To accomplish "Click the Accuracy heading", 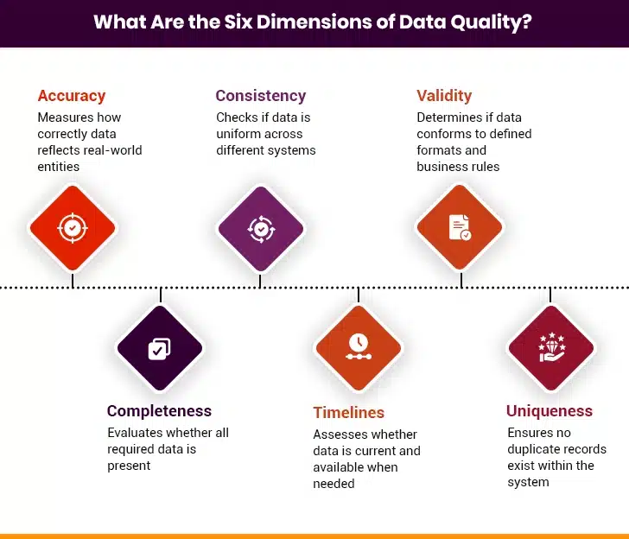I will pos(72,96).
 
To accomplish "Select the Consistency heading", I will pos(260,96).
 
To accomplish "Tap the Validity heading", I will pos(444,96).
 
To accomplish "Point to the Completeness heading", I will pos(159,411).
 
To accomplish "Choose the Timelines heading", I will pos(349,412).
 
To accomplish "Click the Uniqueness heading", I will pos(550,411).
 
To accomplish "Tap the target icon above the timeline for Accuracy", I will pos(73,228).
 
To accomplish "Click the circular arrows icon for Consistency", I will pos(260,228).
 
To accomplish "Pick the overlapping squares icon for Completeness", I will pos(159,348).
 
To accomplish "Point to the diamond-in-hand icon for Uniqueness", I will pos(551,347).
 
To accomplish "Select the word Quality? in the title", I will pos(494,22).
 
